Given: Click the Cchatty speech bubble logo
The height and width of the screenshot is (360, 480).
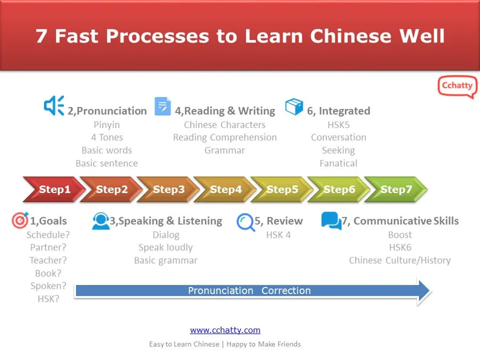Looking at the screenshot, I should coord(457,87).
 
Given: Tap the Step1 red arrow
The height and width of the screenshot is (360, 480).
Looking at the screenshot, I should coord(54,189).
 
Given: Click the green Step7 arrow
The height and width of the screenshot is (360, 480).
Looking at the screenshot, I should coord(396,189).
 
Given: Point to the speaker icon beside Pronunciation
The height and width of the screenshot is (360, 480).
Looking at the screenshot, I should coord(54,106).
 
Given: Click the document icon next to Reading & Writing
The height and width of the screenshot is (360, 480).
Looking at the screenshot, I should coord(163,106).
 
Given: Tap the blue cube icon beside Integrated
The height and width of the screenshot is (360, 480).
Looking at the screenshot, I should coord(294,107).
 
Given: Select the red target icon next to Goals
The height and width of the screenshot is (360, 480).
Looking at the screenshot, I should coord(20,221).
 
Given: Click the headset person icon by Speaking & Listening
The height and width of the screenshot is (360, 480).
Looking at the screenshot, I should coord(100,221).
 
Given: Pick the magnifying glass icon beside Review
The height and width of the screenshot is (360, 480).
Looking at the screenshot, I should coord(245,222).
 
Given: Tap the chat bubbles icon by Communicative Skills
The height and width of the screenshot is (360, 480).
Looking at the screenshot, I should coord(331,221).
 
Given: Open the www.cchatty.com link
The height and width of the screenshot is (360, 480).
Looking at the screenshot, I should coord(225,330).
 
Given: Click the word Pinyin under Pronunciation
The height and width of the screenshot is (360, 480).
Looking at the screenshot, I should coord(107,125).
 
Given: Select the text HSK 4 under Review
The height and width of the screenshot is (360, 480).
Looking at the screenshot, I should coord(278,235).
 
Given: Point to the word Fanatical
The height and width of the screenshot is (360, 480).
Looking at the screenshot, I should coord(338,163).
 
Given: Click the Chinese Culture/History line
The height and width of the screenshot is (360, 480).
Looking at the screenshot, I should coord(399,260).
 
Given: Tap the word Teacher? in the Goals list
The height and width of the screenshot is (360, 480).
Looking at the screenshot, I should coord(48,260).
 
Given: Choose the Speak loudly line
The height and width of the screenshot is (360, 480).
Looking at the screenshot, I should coord(165,247).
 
